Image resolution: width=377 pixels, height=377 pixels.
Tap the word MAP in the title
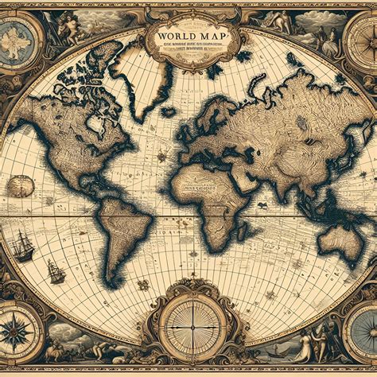[211, 37]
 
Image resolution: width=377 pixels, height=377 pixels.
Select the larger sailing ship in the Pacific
[23, 246]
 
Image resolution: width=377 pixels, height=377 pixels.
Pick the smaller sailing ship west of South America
[56, 273]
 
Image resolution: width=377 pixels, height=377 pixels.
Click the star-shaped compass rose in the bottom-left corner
[15, 331]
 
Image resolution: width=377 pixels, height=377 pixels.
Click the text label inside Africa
[208, 189]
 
